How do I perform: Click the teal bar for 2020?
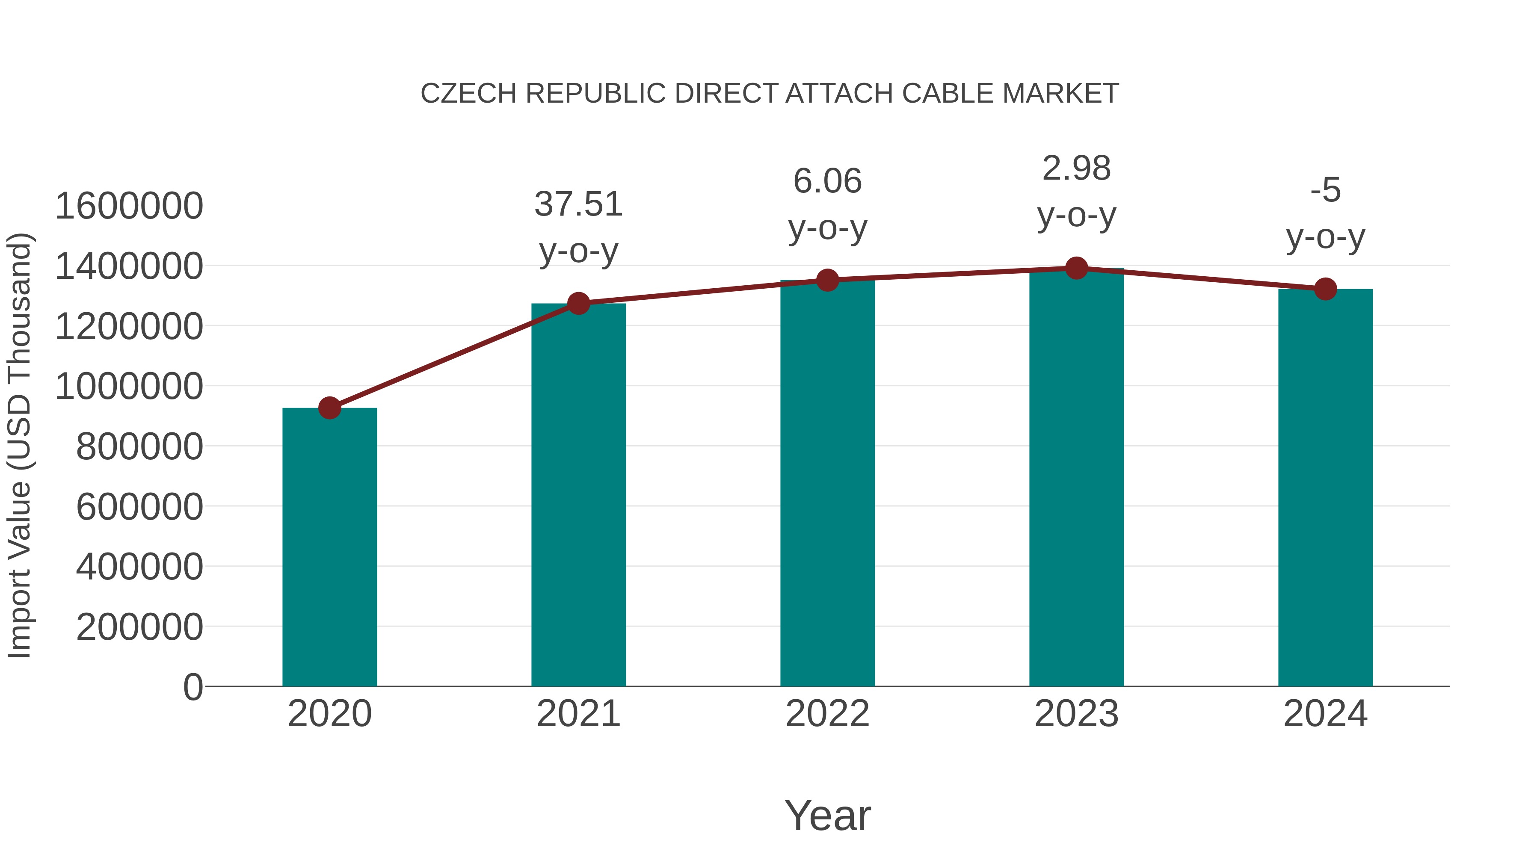point(329,547)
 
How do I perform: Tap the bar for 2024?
point(1325,487)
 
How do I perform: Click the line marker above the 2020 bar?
point(329,408)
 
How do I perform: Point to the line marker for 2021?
point(578,304)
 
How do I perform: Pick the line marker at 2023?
point(1076,268)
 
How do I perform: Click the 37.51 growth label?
point(578,204)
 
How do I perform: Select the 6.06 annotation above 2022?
point(827,181)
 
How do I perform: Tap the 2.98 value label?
point(1076,168)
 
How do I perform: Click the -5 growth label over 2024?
point(1325,191)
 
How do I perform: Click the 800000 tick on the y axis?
point(140,446)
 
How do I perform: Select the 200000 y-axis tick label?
point(140,627)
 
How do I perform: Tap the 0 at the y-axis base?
point(193,687)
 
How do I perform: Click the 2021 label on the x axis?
point(578,714)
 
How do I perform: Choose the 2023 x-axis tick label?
point(1076,714)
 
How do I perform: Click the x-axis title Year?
point(827,815)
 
